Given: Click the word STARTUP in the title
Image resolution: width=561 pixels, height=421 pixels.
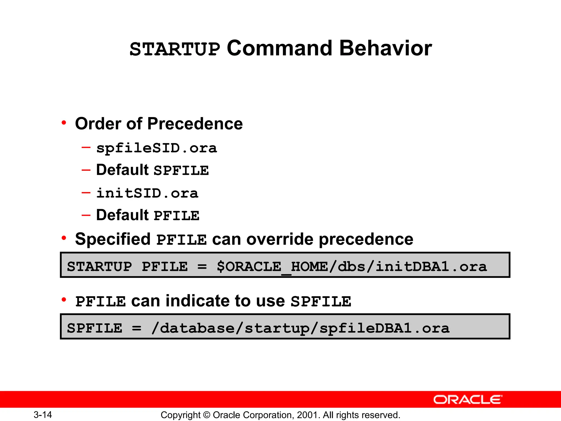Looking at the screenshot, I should coord(175,49).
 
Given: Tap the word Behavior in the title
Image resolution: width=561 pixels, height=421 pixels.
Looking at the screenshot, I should coord(385,48).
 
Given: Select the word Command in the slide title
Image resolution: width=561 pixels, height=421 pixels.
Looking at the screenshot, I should coord(279,48).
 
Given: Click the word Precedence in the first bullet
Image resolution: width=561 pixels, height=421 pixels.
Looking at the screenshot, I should coord(195,124).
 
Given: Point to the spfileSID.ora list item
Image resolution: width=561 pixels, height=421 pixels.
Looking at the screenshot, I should coord(156,148).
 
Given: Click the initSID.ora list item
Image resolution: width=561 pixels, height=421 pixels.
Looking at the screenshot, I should coord(147,193).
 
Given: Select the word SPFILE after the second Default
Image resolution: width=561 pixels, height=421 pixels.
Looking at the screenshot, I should coord(181,171).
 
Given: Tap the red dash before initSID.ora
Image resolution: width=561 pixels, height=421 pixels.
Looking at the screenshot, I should coord(86,193).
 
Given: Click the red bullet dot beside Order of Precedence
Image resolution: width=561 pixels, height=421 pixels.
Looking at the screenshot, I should coord(64,123).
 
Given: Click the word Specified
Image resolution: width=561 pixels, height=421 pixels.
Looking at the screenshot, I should coord(113,239).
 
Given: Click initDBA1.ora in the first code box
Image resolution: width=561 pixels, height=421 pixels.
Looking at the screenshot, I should coord(431,267).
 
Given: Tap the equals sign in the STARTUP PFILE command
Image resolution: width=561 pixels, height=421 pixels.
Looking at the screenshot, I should coord(202,267).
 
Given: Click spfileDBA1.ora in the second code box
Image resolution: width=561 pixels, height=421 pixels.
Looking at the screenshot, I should coord(384,328).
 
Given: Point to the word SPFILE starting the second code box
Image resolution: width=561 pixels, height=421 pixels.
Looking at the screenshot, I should coord(95,328).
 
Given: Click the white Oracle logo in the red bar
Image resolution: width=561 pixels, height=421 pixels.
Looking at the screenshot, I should coord(468,400).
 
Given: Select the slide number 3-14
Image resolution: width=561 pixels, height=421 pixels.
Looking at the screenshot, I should coord(43,415).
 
